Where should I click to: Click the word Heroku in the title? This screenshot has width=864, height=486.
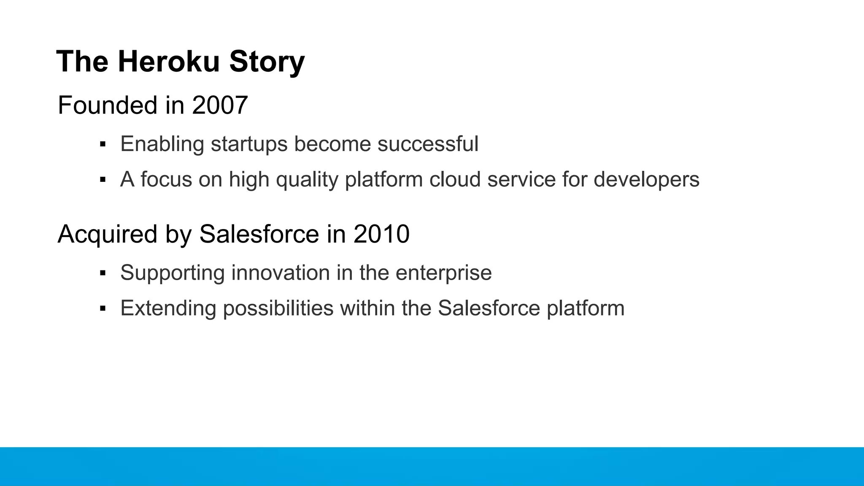click(169, 62)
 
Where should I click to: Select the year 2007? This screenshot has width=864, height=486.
click(219, 105)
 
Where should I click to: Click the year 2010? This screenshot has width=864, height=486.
click(381, 234)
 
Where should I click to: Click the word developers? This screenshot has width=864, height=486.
click(646, 180)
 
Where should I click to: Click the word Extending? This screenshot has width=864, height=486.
click(168, 308)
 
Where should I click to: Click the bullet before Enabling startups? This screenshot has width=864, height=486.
click(103, 145)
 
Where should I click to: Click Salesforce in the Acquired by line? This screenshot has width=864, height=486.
click(259, 234)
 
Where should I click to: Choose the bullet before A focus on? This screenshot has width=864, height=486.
click(103, 180)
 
